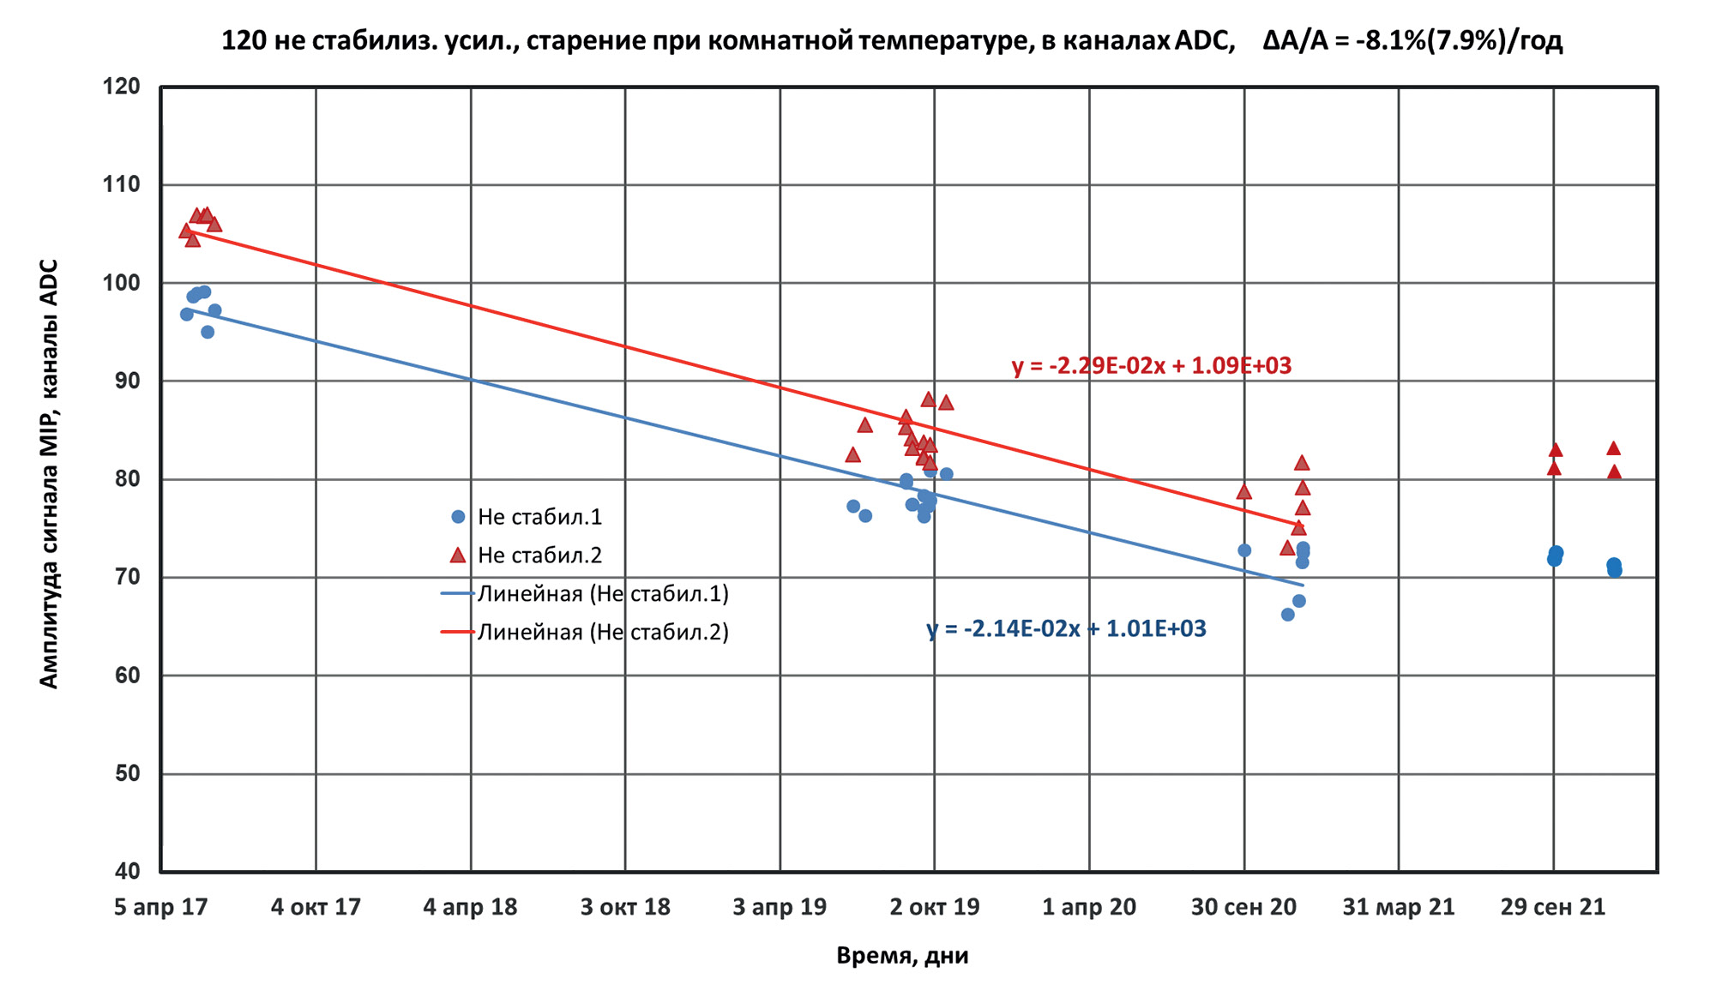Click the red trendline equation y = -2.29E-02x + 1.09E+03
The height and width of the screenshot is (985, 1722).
(1151, 366)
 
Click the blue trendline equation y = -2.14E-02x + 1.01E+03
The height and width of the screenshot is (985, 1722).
(1066, 629)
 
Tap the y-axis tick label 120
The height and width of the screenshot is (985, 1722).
(122, 87)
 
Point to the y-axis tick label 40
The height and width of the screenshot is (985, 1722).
(127, 871)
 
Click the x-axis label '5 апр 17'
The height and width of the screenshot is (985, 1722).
(161, 907)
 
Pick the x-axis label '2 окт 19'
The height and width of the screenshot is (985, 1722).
(935, 907)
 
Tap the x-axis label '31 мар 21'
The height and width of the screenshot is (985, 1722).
(1399, 907)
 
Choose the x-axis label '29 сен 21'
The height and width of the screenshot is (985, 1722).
(1553, 907)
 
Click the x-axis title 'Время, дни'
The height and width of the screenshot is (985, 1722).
(902, 956)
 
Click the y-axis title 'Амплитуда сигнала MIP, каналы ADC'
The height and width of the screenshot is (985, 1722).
(49, 473)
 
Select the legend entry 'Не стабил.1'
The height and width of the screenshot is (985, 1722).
(539, 517)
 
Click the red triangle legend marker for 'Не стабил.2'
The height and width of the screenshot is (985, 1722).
(458, 556)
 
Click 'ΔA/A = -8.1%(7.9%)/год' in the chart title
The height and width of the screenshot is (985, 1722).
(1412, 40)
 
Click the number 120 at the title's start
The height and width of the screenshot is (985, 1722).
(244, 40)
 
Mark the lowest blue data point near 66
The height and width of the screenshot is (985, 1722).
(1287, 615)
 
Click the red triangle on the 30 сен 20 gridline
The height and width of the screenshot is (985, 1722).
(1244, 492)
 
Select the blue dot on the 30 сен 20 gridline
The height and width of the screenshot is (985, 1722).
(1244, 550)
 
